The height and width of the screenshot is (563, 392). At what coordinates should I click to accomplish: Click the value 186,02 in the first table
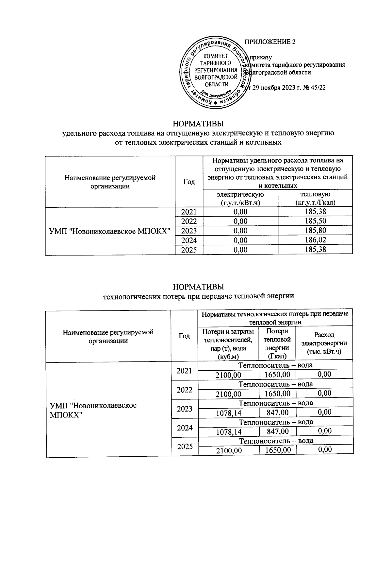pyautogui.click(x=315, y=240)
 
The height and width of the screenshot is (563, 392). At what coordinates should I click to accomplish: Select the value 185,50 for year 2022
pyautogui.click(x=315, y=221)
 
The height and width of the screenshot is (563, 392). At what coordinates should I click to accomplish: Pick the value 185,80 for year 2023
pyautogui.click(x=315, y=231)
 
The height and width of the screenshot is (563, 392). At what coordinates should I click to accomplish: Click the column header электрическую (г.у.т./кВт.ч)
pyautogui.click(x=240, y=198)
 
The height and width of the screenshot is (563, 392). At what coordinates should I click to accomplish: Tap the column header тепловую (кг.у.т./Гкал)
pyautogui.click(x=315, y=198)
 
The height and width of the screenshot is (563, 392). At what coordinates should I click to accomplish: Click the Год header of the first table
pyautogui.click(x=189, y=182)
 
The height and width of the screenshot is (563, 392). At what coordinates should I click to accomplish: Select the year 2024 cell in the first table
pyautogui.click(x=189, y=240)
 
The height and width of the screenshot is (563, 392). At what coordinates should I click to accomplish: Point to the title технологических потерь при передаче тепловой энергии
pyautogui.click(x=199, y=296)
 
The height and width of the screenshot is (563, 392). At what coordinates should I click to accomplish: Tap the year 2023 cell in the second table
pyautogui.click(x=185, y=409)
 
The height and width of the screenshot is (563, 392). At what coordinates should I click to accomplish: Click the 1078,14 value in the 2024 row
pyautogui.click(x=228, y=432)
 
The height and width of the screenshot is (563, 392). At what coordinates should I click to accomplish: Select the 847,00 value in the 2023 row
pyautogui.click(x=277, y=413)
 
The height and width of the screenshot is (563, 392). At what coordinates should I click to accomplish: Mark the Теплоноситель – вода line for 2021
pyautogui.click(x=275, y=365)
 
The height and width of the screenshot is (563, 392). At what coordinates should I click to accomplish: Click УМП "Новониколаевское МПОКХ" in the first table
pyautogui.click(x=110, y=231)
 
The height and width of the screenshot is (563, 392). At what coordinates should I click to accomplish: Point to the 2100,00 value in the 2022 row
pyautogui.click(x=228, y=394)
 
